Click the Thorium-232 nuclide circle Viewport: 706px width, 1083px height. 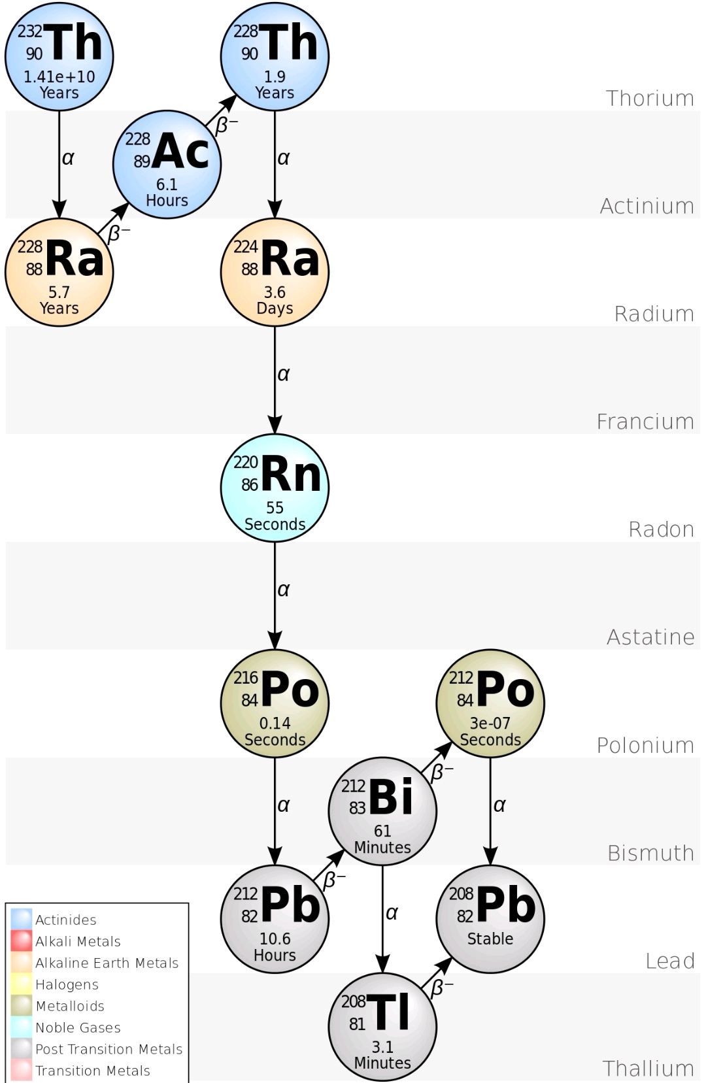click(x=59, y=56)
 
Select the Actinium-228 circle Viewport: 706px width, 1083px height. click(x=167, y=164)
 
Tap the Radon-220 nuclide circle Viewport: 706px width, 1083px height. click(x=275, y=488)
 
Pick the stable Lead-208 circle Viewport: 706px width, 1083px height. click(x=490, y=918)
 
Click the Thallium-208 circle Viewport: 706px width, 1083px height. click(x=382, y=1026)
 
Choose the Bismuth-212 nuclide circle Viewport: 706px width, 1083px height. click(x=382, y=811)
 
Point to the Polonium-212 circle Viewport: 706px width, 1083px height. click(x=490, y=703)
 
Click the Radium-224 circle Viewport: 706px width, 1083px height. click(x=275, y=272)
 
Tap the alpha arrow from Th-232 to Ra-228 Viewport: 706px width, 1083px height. click(x=59, y=163)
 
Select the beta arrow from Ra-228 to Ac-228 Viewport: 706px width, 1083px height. click(x=113, y=218)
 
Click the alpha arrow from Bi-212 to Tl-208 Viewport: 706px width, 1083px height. click(x=382, y=918)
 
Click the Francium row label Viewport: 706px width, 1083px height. click(x=645, y=422)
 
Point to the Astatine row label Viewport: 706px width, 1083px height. click(x=650, y=637)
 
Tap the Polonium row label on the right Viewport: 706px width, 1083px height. click(x=645, y=745)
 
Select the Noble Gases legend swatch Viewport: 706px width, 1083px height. click(x=22, y=1027)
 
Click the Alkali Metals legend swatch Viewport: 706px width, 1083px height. click(x=22, y=941)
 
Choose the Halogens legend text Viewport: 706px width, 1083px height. click(x=67, y=984)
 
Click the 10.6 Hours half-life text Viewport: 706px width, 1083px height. click(x=275, y=946)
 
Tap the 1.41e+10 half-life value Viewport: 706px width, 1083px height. click(x=59, y=76)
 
